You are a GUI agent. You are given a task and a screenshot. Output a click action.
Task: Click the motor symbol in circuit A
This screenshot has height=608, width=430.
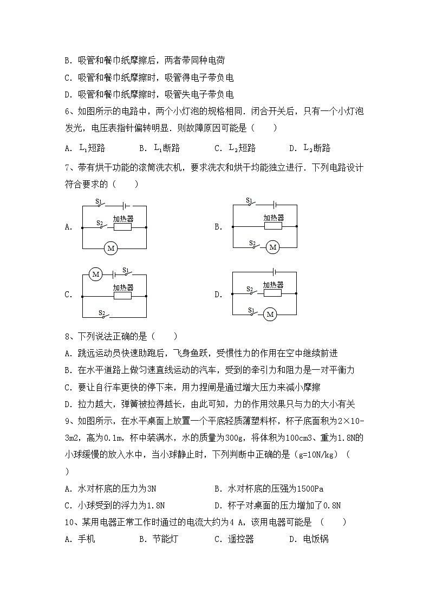[x=111, y=249]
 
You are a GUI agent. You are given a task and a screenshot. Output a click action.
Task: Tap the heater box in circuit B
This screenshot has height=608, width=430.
[x=272, y=227]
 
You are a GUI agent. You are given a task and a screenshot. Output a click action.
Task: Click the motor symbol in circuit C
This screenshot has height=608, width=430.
[x=96, y=274]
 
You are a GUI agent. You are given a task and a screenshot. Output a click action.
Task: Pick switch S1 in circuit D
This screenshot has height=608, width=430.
[x=253, y=313]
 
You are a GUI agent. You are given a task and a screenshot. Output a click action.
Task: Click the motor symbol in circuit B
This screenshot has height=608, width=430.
[x=272, y=247]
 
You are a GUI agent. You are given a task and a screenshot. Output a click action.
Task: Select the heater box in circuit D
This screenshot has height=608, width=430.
[x=272, y=293]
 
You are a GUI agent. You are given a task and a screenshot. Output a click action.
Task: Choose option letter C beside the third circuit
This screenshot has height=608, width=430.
[x=68, y=295]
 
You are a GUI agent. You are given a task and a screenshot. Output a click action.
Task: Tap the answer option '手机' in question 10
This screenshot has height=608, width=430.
[x=87, y=539]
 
